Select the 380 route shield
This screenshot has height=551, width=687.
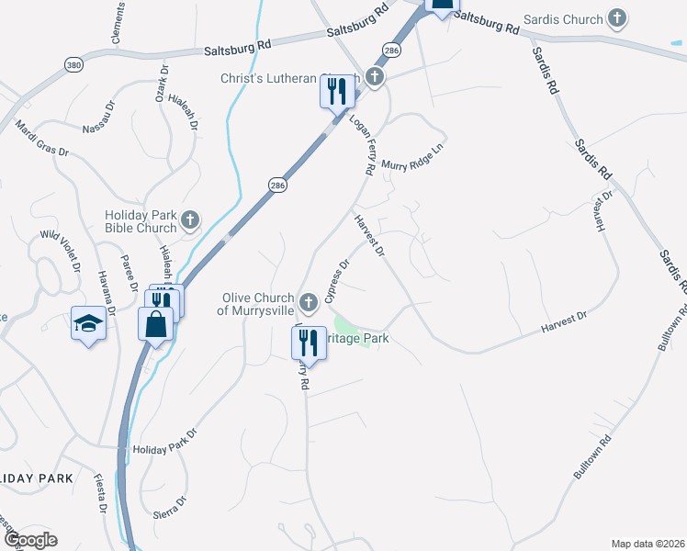click(73, 64)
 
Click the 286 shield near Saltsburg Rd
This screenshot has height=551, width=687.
click(392, 50)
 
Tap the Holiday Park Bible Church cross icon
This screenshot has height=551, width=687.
click(190, 220)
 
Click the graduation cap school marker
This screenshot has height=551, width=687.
click(88, 322)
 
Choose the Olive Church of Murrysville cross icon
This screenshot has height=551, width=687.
click(310, 300)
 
